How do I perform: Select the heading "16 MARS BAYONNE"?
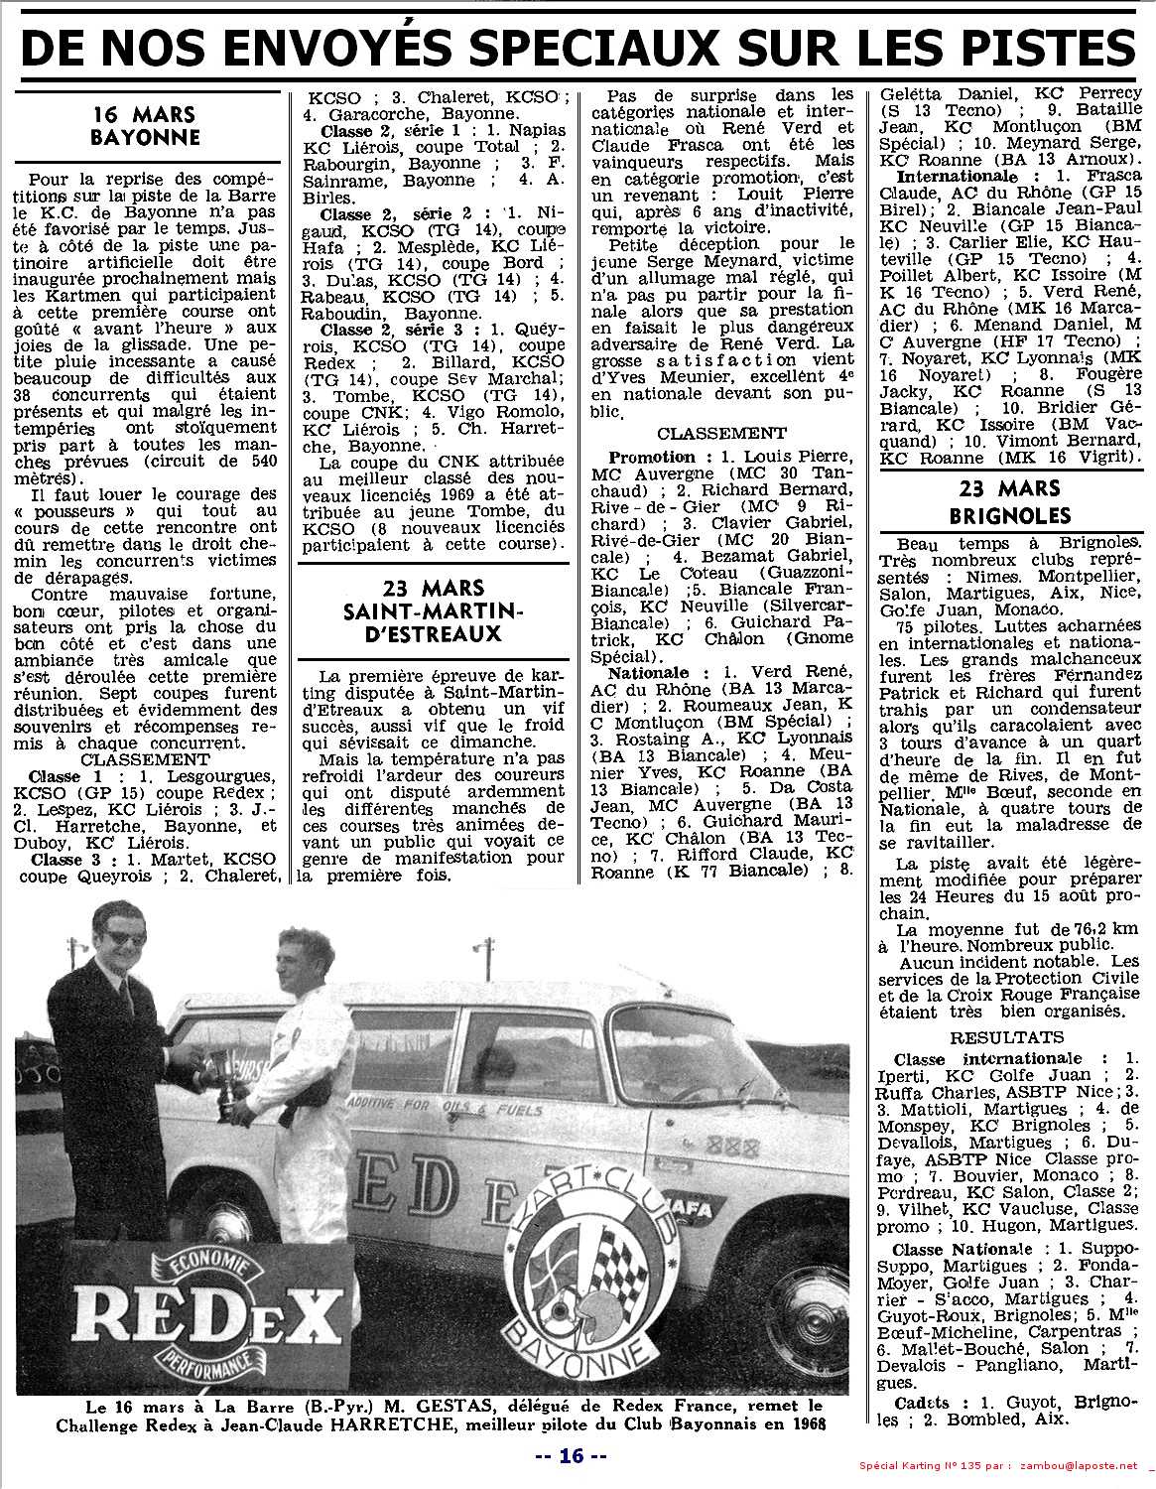pos(144,126)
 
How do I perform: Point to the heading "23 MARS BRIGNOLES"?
pos(1009,502)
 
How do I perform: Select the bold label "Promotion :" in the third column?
pos(652,458)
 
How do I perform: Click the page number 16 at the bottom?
pos(571,1456)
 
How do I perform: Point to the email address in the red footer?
pos(1076,1466)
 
